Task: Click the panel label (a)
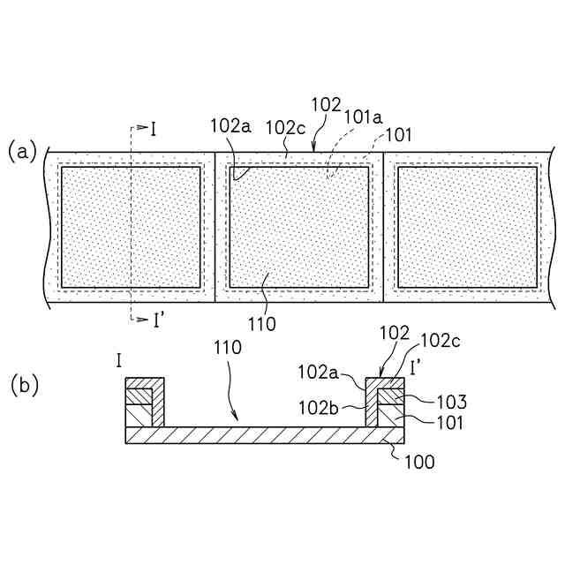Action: [22, 151]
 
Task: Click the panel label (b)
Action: [24, 385]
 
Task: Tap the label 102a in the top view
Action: [230, 125]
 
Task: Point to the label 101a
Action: [363, 115]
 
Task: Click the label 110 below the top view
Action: [262, 324]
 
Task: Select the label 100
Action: [419, 461]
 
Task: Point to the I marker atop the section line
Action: [153, 130]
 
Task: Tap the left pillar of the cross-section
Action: [145, 403]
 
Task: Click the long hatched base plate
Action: [265, 435]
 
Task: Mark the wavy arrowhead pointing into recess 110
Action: [235, 417]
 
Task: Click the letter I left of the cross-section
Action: [118, 359]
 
